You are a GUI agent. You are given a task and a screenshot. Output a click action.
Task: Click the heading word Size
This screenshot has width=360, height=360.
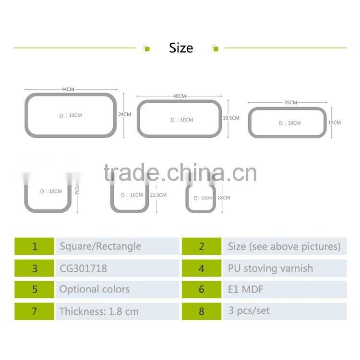tap(181, 48)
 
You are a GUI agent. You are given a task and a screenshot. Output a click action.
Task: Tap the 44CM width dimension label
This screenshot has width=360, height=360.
tap(68, 89)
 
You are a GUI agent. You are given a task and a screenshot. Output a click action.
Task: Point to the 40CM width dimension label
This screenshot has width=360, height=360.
tap(180, 96)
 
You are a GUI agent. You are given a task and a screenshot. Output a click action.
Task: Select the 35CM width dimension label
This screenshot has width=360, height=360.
tap(290, 103)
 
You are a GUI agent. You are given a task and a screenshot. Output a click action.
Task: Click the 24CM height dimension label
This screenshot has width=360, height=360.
tap(124, 115)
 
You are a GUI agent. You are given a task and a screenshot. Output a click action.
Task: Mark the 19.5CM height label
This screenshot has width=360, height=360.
tap(231, 118)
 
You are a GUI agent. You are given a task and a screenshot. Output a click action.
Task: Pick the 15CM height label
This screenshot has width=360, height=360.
tap(334, 123)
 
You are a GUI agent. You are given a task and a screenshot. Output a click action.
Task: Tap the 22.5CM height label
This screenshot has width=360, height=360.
tap(158, 195)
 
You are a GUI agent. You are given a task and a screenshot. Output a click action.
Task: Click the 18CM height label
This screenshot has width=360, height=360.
tap(224, 198)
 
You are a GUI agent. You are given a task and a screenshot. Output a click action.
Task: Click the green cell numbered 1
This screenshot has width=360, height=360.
tap(35, 247)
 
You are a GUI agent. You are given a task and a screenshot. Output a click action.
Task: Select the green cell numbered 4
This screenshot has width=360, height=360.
tap(202, 268)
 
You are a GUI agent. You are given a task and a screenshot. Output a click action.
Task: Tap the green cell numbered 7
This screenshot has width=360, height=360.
tap(35, 311)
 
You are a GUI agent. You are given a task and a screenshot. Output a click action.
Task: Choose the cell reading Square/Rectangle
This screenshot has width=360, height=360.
tap(100, 247)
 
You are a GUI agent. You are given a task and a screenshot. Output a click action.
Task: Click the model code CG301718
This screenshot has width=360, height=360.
tap(84, 268)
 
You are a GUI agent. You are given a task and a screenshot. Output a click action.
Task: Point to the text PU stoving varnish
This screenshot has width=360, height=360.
tap(270, 268)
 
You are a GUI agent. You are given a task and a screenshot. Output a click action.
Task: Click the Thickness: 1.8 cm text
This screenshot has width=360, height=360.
tap(99, 311)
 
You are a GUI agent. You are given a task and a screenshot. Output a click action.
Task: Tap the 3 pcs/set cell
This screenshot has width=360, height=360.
tap(249, 311)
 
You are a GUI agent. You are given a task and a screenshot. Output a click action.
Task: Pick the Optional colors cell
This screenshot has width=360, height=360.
tap(95, 289)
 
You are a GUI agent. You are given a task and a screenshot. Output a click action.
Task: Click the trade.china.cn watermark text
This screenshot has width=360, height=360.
tap(180, 173)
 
